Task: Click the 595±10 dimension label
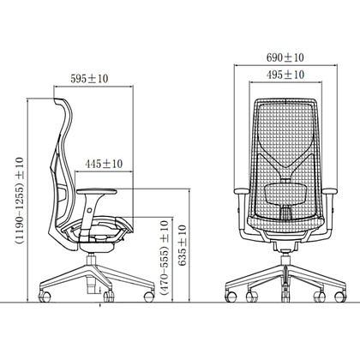[89, 79]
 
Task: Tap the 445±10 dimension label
[104, 164]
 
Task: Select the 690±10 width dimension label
[285, 57]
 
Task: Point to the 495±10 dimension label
[285, 75]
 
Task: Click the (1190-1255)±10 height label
[20, 201]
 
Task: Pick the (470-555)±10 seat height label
[165, 257]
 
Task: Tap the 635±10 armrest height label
[182, 245]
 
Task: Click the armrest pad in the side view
[97, 191]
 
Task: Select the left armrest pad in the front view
[241, 191]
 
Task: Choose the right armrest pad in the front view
[330, 191]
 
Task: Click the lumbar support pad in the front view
[285, 195]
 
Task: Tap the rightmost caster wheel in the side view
[149, 297]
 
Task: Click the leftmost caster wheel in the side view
[45, 297]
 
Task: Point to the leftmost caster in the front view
[231, 297]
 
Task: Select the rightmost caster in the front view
[340, 297]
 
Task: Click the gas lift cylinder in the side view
[91, 274]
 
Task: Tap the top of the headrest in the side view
[59, 99]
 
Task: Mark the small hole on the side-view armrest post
[89, 210]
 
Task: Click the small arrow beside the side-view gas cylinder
[99, 290]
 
